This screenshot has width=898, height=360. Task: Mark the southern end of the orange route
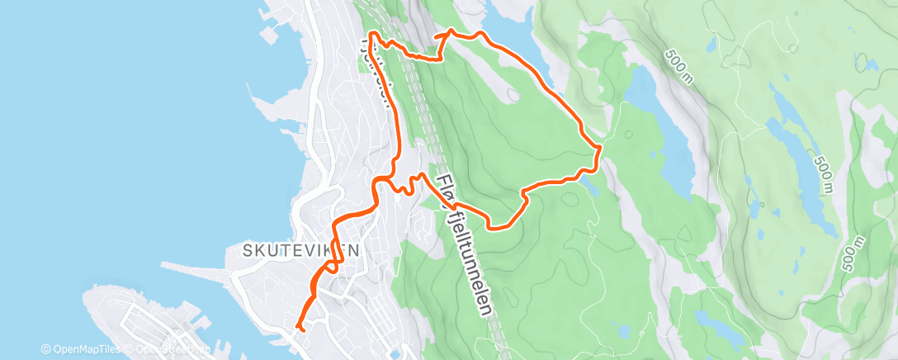coord(302,329)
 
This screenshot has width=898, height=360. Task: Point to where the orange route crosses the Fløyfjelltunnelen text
coord(447,199)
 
